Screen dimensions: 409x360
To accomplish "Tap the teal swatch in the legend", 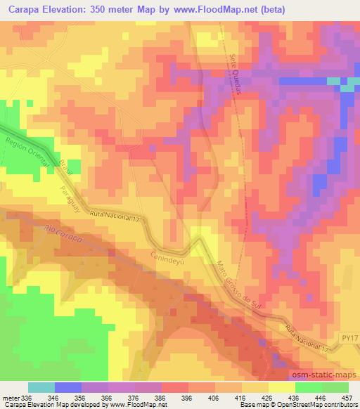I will click(x=41, y=387).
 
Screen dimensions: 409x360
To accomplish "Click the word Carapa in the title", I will click(x=25, y=8).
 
